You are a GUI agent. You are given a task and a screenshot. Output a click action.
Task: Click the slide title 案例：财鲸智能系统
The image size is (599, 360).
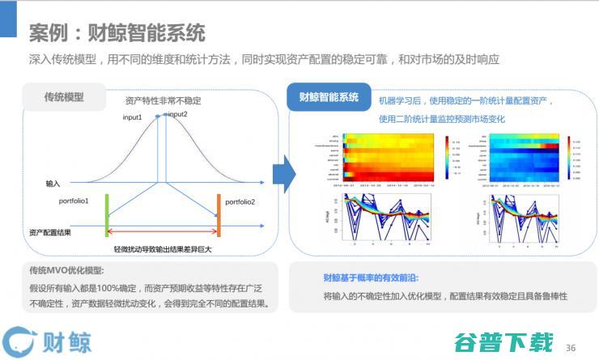pyautogui.click(x=117, y=33)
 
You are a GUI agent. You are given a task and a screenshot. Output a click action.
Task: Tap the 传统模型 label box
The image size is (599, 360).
pyautogui.click(x=64, y=98)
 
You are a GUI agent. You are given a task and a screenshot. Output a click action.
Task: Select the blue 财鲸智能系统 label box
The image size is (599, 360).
pyautogui.click(x=328, y=98)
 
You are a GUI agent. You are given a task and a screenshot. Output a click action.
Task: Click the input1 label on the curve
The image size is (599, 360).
pyautogui.click(x=134, y=118)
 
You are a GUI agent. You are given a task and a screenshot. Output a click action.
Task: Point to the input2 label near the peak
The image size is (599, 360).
pyautogui.click(x=177, y=115)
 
